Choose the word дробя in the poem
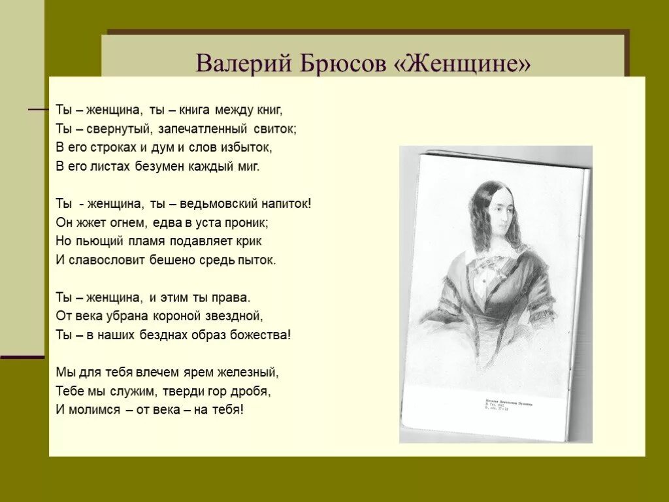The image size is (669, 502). click(255, 392)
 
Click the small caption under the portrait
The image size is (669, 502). click(508, 406)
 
